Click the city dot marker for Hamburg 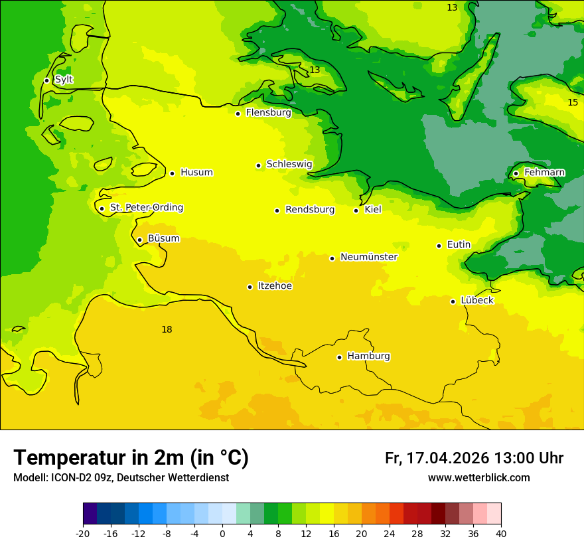339,357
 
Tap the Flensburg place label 268,113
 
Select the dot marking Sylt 46,80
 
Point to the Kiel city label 373,210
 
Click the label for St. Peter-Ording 146,208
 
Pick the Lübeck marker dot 453,301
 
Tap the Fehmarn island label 544,173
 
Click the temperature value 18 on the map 167,330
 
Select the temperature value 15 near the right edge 573,102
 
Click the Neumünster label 369,257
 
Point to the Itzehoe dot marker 250,287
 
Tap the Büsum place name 163,238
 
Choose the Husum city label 196,173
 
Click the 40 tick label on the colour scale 501,533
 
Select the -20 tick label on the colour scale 83,533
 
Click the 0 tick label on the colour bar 222,533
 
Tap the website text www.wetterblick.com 478,478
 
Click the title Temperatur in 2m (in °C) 131,458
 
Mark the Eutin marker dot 439,246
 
